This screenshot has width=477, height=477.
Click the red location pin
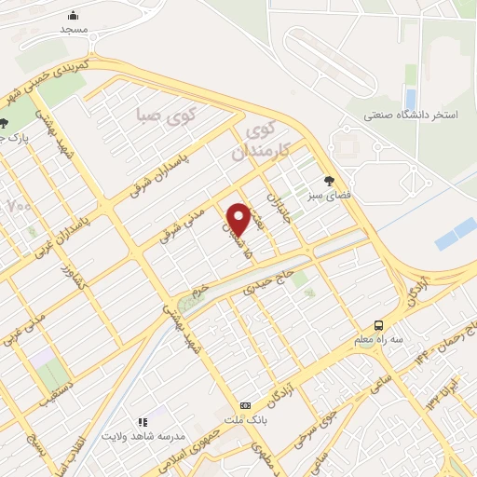tap(238, 218)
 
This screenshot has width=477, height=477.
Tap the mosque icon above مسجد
tap(74, 15)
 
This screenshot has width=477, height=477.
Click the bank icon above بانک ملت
tap(245, 405)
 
